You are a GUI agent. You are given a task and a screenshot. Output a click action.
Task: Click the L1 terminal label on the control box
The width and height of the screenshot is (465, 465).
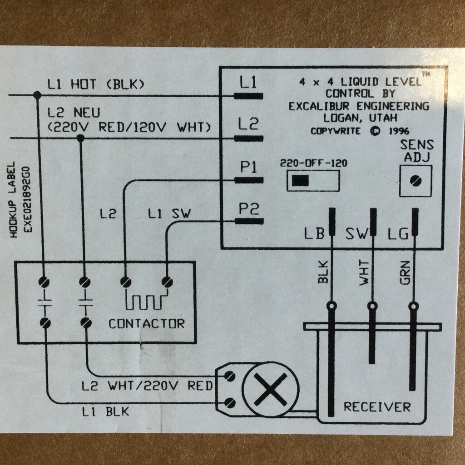(x=248, y=83)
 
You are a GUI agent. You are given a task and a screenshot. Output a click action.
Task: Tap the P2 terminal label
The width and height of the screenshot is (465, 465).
(x=248, y=209)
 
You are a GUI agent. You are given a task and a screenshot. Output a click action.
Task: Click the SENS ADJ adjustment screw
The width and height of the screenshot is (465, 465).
(x=415, y=181)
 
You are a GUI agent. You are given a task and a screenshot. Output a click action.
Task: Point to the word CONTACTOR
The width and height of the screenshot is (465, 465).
(x=147, y=324)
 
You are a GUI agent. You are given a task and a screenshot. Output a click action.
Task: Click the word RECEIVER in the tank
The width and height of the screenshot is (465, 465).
(x=377, y=406)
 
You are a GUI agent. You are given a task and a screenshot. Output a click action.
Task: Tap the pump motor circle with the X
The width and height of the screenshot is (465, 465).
(x=271, y=389)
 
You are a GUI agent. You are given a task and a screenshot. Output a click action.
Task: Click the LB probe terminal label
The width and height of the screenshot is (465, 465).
(x=314, y=234)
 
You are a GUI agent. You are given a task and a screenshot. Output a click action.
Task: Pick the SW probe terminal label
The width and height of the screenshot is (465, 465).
(x=356, y=234)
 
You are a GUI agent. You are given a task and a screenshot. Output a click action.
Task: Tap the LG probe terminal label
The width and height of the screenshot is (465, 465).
(x=398, y=234)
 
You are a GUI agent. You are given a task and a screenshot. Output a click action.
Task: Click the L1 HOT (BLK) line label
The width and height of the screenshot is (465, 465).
(x=95, y=84)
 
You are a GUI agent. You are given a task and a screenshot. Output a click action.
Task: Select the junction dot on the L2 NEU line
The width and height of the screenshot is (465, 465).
(x=80, y=138)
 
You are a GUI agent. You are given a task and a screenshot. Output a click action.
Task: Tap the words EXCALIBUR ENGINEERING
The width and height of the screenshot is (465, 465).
(x=359, y=106)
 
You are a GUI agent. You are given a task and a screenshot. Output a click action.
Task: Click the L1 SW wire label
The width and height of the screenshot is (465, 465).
(x=169, y=213)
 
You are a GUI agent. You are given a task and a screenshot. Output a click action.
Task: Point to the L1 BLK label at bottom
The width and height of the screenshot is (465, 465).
(x=105, y=412)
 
